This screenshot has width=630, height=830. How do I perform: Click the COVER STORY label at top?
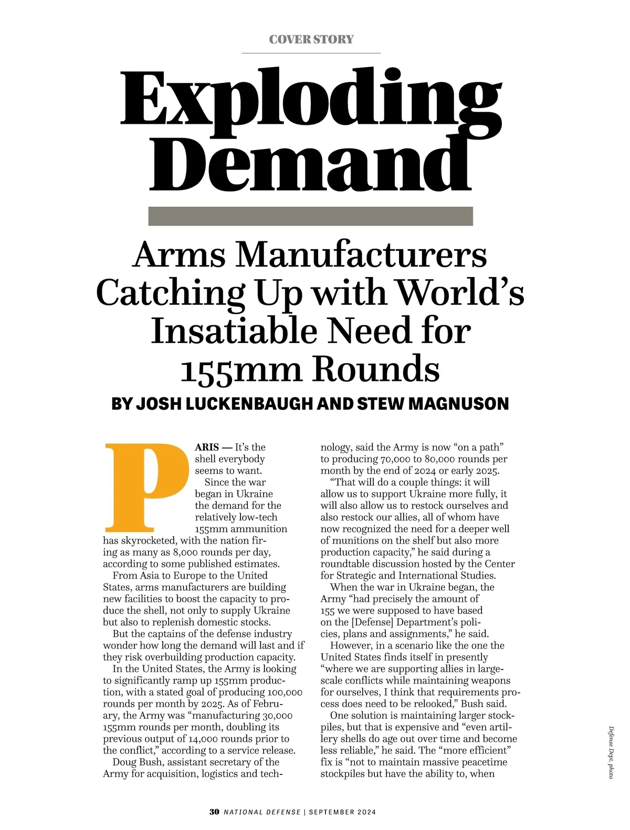click(x=311, y=39)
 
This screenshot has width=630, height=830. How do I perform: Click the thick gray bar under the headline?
click(x=311, y=216)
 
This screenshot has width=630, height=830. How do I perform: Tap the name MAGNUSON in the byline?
click(x=458, y=403)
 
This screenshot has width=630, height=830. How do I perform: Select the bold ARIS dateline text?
click(x=207, y=448)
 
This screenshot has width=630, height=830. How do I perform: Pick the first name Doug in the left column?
click(x=124, y=762)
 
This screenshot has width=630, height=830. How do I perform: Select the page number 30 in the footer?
click(x=214, y=812)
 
